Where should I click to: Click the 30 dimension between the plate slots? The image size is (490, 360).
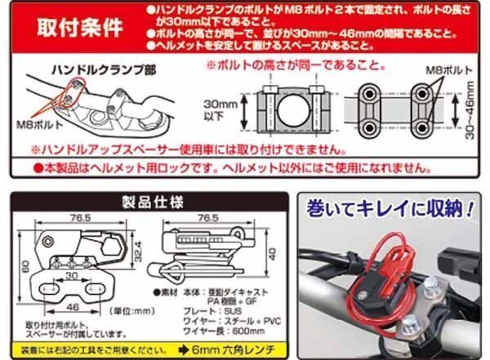coord(73,275)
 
